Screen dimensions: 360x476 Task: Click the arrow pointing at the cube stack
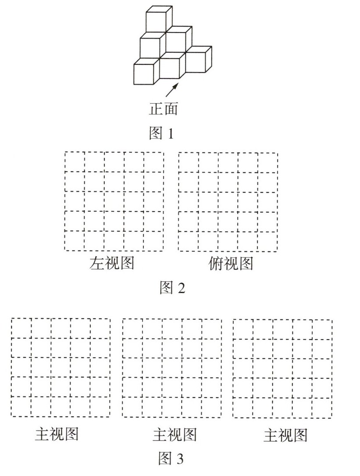pos(173,89)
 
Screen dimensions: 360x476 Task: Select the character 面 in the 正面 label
pos(171,109)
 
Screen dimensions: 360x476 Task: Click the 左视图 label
pos(111,263)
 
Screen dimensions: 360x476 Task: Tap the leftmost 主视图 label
pos(57,434)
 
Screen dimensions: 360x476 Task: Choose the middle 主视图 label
pos(174,435)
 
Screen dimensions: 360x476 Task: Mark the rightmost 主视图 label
pos(285,435)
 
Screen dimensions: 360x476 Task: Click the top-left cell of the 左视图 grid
pos(75,161)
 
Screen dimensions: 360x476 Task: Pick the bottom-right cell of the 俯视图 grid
pos(267,241)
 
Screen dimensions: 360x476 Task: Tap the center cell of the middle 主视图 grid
pos(172,368)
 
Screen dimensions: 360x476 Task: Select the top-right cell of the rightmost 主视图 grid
pos(322,329)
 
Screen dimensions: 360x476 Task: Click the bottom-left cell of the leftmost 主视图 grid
pos(21,407)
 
